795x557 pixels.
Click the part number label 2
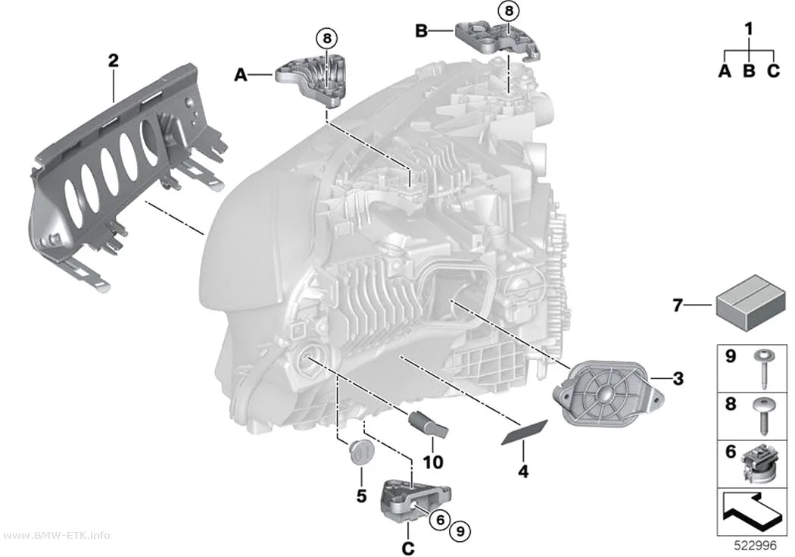(x=113, y=61)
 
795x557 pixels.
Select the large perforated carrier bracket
(x=126, y=173)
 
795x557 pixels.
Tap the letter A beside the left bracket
(x=240, y=75)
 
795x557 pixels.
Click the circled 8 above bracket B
(x=509, y=11)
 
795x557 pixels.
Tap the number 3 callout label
(x=678, y=378)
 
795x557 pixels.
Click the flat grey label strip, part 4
(x=525, y=432)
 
